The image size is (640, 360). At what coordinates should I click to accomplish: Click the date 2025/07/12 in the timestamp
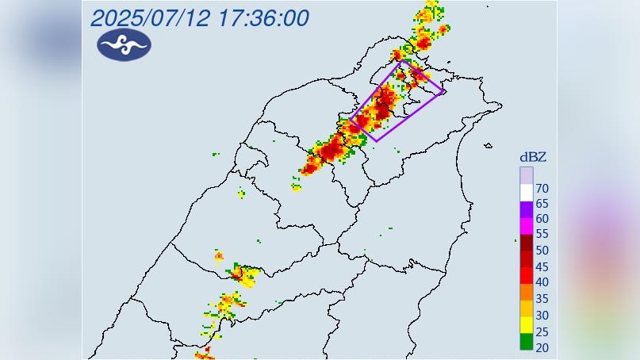click(x=150, y=17)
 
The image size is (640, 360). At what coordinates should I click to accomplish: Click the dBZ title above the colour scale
click(x=532, y=157)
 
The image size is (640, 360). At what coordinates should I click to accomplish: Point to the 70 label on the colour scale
click(x=542, y=189)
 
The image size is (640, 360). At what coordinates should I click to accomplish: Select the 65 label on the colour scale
click(x=542, y=204)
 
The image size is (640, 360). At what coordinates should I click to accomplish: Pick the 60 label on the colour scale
click(x=542, y=219)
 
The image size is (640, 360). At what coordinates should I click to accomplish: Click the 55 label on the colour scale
click(x=542, y=235)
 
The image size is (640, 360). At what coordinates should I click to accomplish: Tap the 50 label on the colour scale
click(x=542, y=251)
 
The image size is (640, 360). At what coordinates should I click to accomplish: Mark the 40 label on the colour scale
click(x=542, y=282)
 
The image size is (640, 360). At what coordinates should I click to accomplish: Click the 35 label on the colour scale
click(x=542, y=299)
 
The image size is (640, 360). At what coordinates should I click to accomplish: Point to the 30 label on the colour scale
click(x=542, y=315)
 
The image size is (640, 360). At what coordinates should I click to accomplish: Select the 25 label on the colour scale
click(x=542, y=331)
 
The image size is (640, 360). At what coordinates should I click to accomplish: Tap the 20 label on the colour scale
click(x=542, y=347)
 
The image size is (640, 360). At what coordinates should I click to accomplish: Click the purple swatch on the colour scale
click(x=527, y=210)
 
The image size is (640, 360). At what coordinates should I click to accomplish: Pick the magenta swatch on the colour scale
click(x=527, y=226)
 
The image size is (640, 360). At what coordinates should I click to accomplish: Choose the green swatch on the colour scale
click(x=527, y=342)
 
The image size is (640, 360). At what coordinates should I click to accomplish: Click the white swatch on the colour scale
click(x=527, y=193)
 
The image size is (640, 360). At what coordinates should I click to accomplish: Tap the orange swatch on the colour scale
click(x=527, y=292)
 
